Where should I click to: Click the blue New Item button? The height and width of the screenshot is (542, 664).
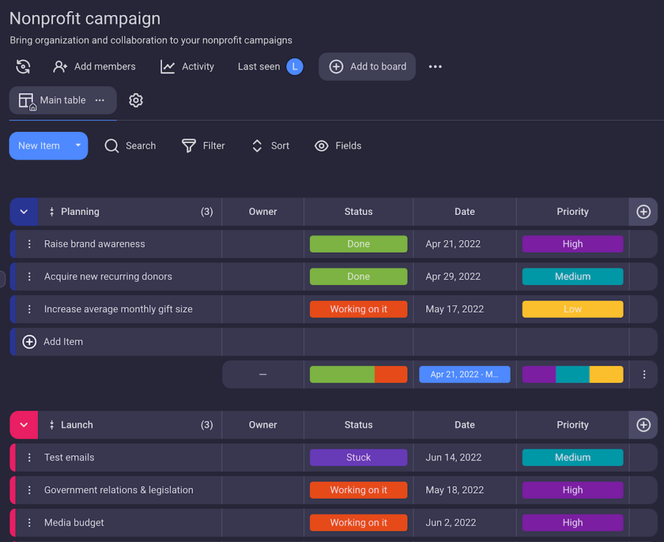[39, 146]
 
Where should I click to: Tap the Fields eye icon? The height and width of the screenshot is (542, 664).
[322, 146]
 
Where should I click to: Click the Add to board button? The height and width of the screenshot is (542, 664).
[367, 67]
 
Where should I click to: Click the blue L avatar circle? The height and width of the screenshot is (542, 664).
[295, 67]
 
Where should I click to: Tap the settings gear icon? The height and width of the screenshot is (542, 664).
[136, 100]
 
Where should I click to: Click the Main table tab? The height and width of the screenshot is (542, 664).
[62, 100]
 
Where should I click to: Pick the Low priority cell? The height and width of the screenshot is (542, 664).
[573, 309]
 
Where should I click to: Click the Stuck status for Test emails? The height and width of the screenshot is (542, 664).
[359, 458]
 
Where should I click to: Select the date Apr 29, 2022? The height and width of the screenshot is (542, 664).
[453, 277]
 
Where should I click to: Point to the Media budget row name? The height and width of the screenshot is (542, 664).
[74, 523]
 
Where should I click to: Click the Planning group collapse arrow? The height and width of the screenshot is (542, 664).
[24, 212]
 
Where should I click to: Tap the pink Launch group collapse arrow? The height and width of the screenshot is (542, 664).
[24, 425]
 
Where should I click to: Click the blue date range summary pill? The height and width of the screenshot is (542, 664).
[464, 375]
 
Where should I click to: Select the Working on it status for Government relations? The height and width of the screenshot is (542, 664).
[359, 490]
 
